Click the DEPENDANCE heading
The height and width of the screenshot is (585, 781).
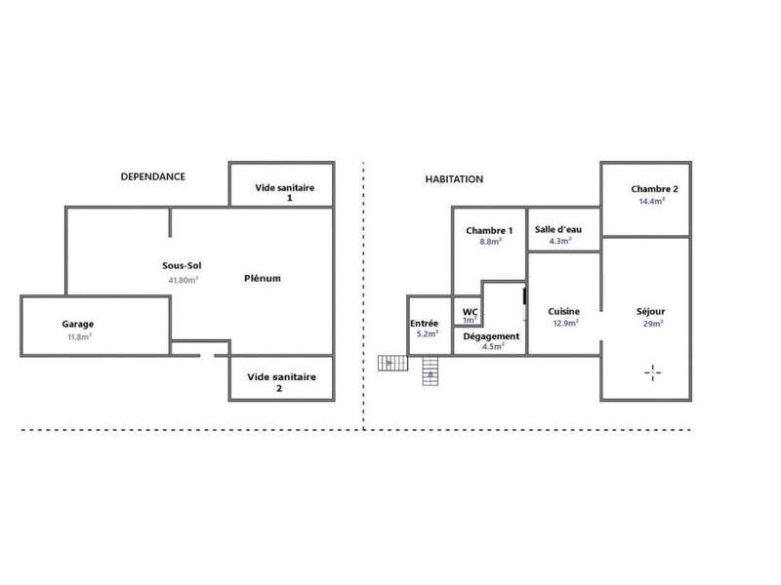(152, 176)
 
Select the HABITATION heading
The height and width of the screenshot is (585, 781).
(454, 179)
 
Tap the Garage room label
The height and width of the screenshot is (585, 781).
(78, 324)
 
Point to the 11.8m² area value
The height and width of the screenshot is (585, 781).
(78, 337)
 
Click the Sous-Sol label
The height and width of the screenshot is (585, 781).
(183, 265)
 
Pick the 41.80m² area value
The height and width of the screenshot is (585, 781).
(183, 280)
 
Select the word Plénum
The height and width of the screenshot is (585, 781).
(263, 278)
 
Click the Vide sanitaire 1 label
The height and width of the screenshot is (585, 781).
(284, 192)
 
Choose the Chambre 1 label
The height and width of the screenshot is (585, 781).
(489, 230)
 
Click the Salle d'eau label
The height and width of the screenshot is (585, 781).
(558, 229)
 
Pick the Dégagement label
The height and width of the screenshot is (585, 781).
(491, 335)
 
